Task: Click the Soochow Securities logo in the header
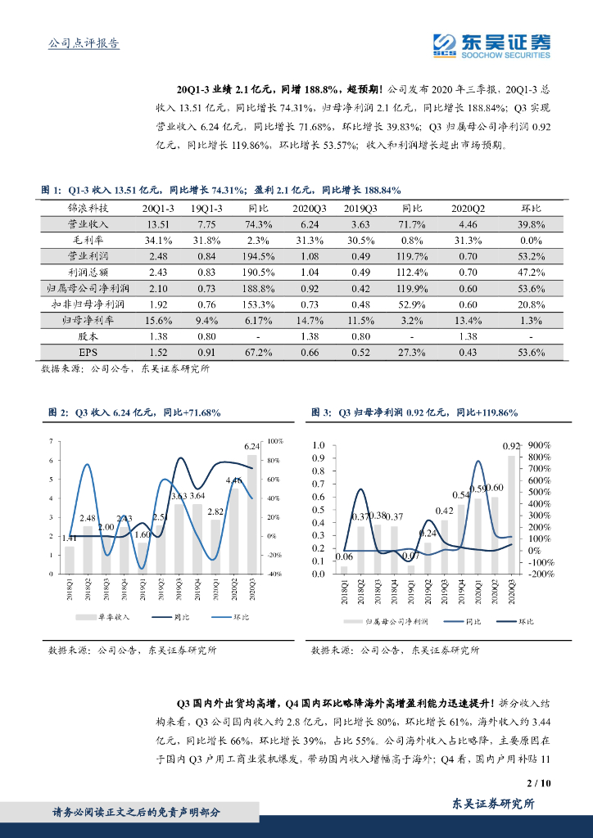tap(491, 46)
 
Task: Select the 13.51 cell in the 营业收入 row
tap(157, 224)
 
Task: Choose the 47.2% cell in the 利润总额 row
tap(532, 272)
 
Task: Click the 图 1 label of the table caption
tap(52, 190)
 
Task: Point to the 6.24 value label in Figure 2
tap(252, 446)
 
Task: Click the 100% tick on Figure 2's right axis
tap(274, 441)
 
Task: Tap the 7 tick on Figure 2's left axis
tap(53, 441)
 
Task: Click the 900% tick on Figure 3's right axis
tap(539, 446)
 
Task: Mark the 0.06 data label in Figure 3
tap(343, 556)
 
